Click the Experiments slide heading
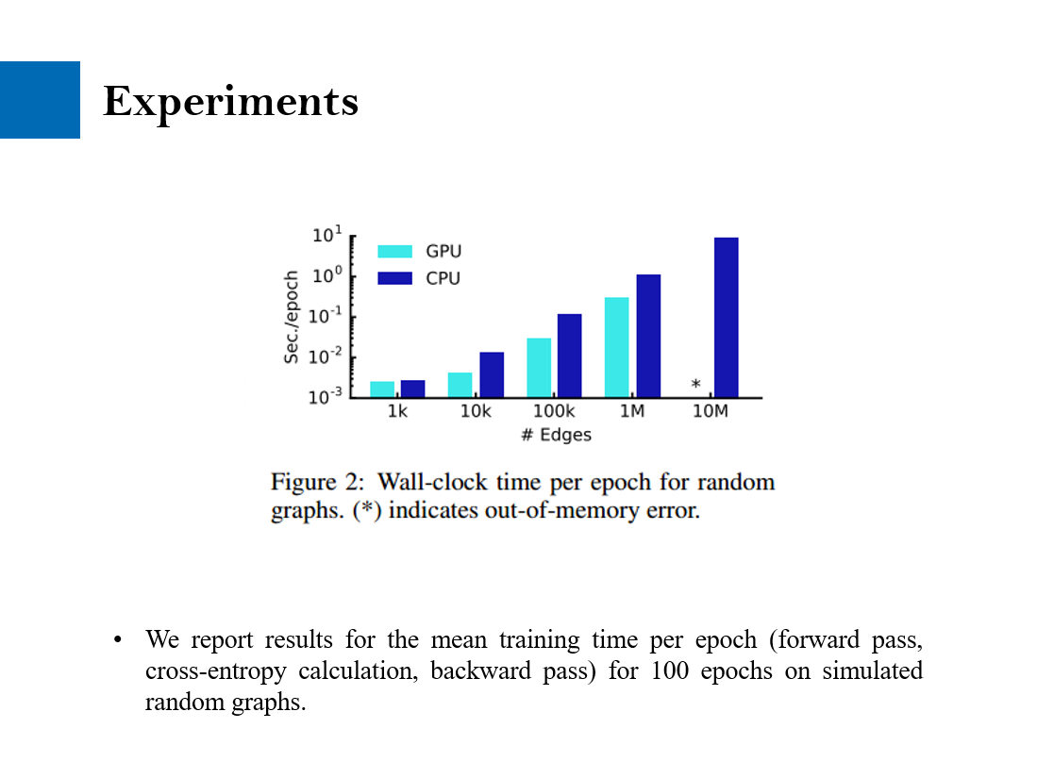tap(230, 101)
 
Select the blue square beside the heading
tap(40, 100)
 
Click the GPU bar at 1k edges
tap(382, 389)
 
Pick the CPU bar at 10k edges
tap(492, 374)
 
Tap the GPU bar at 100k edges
tap(539, 367)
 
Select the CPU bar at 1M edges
tap(648, 336)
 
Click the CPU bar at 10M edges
tap(726, 317)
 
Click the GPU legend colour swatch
tap(394, 252)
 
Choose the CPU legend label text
tap(443, 278)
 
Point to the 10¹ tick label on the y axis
tap(327, 235)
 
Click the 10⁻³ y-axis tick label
tap(326, 397)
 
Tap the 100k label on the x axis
tap(554, 412)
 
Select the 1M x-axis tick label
tap(632, 412)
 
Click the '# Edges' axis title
tap(556, 435)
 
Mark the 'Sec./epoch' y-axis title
tap(293, 317)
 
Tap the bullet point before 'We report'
tap(118, 640)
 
